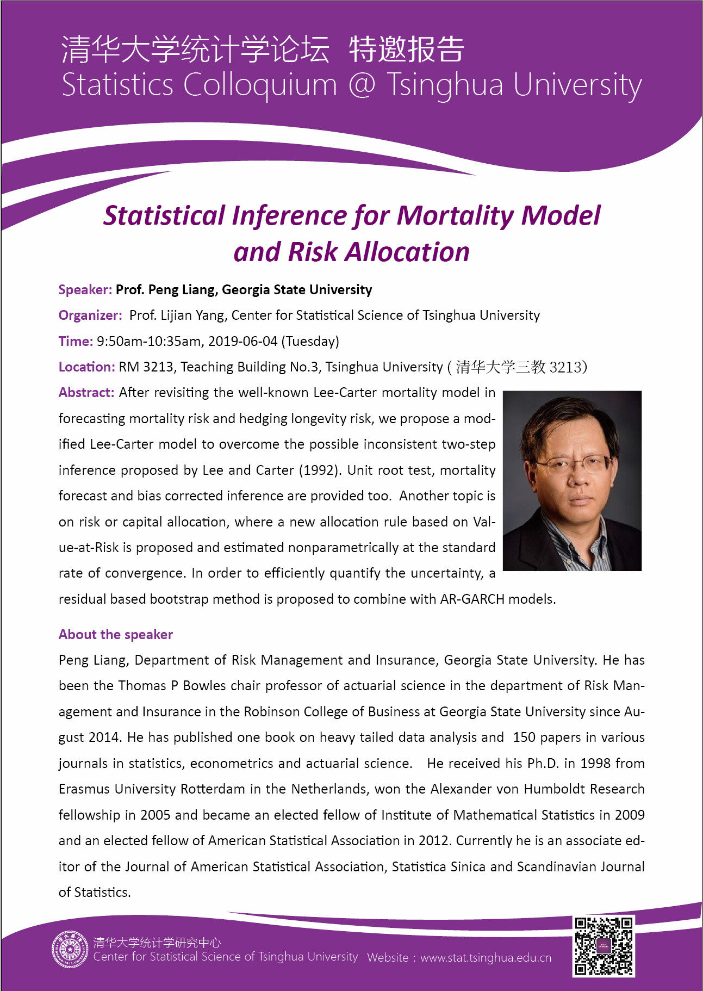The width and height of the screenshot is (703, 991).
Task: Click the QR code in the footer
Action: pyautogui.click(x=604, y=946)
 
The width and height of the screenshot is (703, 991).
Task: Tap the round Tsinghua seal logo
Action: pyautogui.click(x=70, y=949)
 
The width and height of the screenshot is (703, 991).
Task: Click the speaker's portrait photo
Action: pyautogui.click(x=572, y=480)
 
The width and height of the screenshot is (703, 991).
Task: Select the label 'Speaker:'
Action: pyautogui.click(x=85, y=290)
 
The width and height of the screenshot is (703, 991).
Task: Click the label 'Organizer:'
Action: pyautogui.click(x=90, y=315)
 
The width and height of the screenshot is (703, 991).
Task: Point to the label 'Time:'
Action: pyautogui.click(x=76, y=342)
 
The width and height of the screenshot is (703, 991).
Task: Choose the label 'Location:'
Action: pyautogui.click(x=86, y=367)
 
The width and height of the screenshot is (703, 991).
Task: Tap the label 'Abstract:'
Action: pyautogui.click(x=86, y=393)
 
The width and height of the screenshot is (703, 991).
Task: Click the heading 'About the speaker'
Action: pyautogui.click(x=115, y=634)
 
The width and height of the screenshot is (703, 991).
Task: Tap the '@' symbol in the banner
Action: pyautogui.click(x=362, y=85)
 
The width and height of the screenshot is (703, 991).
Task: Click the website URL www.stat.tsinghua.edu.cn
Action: pyautogui.click(x=486, y=958)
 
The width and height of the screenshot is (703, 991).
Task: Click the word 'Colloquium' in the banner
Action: pyautogui.click(x=260, y=85)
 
